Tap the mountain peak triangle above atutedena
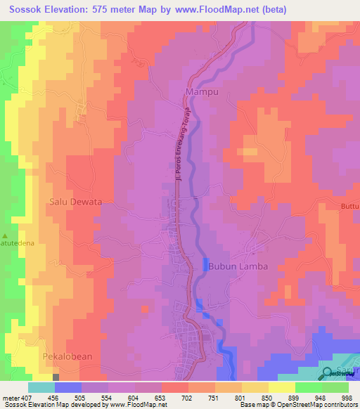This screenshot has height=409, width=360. click(x=6, y=235)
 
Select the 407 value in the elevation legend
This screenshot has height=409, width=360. click(x=26, y=397)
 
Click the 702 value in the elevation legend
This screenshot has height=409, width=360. click(x=187, y=397)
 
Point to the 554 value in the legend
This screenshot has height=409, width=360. click(x=107, y=397)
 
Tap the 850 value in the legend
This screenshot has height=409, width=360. click(x=267, y=397)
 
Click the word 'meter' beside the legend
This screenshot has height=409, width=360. click(x=10, y=397)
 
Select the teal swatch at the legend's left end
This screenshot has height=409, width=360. click(x=41, y=387)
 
